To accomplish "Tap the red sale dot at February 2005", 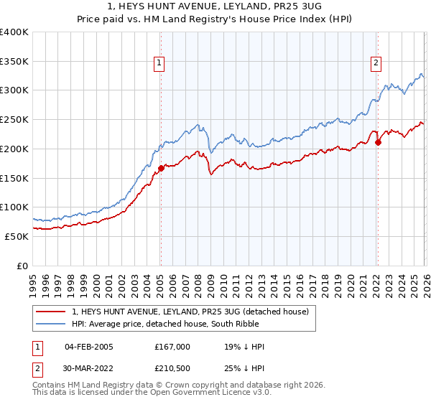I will click(x=160, y=168).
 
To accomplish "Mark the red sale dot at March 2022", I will click(x=378, y=142).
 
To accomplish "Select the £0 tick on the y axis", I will click(x=23, y=266).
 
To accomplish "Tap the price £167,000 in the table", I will click(x=172, y=347).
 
